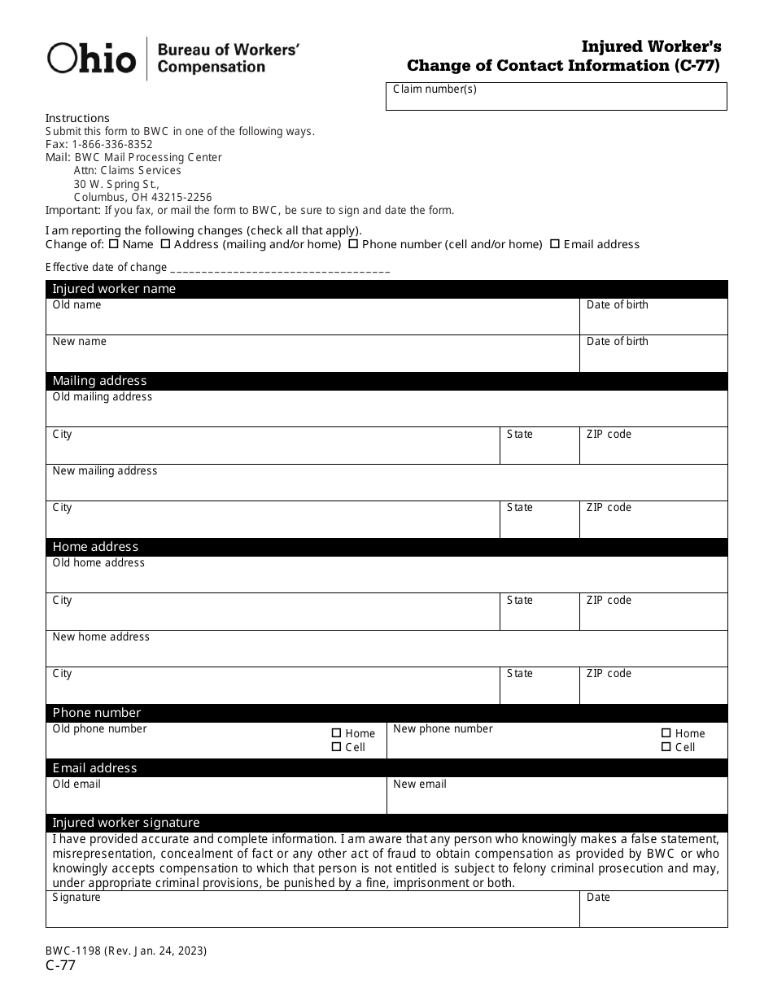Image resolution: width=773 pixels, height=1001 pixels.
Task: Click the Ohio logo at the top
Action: [91, 59]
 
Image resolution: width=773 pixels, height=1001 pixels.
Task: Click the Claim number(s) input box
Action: [556, 97]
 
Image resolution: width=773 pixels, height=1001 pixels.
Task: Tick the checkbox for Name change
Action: [114, 243]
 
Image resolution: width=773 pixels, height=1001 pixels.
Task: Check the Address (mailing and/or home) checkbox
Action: [166, 243]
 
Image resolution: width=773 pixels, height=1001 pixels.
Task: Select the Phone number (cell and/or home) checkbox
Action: [354, 243]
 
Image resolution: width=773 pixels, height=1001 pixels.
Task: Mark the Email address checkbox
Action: [555, 243]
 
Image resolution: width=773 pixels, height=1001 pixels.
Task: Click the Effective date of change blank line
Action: [281, 268]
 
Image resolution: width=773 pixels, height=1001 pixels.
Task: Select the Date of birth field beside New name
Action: [653, 356]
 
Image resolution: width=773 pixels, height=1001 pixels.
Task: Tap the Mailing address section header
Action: [386, 381]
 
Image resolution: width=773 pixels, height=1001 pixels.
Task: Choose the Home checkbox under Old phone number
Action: [337, 733]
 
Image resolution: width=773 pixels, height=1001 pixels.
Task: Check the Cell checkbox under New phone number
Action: [666, 747]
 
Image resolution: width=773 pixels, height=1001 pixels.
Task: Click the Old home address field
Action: [386, 576]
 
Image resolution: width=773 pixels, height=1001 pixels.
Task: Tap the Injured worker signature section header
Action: [386, 823]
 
